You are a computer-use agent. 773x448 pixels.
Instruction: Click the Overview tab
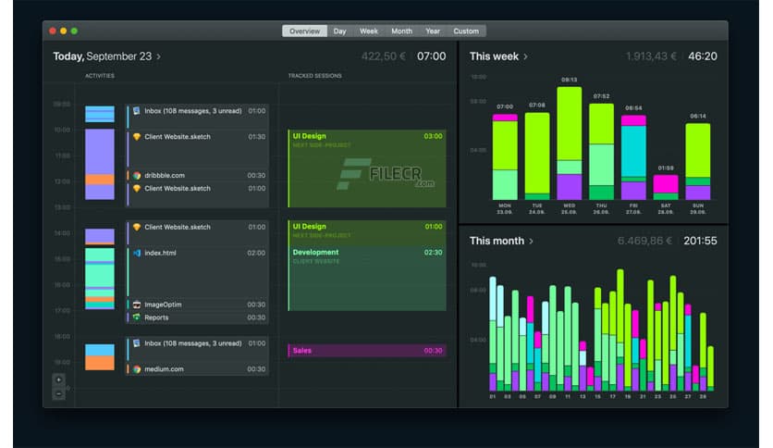pos(304,31)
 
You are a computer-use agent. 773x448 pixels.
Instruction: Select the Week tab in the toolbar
pos(368,31)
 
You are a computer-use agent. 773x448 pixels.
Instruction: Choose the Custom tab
pos(466,31)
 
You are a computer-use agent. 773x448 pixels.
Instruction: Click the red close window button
pos(53,31)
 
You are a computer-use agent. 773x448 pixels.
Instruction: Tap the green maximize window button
pos(74,31)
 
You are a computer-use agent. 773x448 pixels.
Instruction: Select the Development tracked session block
pos(367,278)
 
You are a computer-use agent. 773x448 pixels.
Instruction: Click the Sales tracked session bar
pos(367,351)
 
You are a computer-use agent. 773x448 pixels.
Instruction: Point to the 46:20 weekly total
pos(702,56)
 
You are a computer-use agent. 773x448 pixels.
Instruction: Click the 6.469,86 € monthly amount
pos(644,241)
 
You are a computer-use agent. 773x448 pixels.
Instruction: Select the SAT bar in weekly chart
pos(665,186)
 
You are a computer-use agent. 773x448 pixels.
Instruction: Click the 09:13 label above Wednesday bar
pos(569,80)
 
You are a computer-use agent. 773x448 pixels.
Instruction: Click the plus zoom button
pos(59,380)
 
